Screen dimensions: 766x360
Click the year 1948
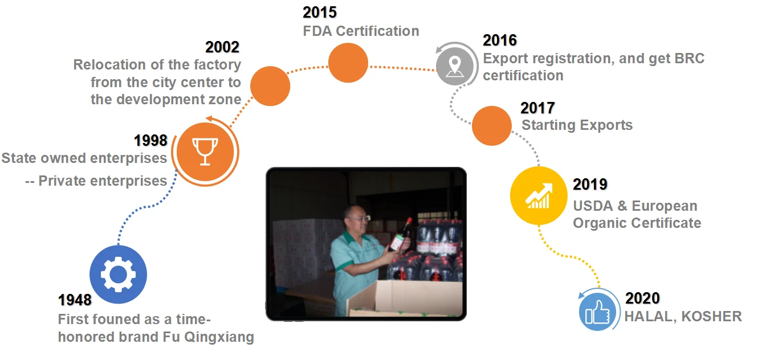pos(75,300)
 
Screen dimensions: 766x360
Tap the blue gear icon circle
pos(119,274)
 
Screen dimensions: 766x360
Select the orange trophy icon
pos(205,152)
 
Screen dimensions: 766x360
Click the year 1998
pos(150,141)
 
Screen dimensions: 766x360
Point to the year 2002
pos(222,47)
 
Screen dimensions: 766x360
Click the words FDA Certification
pos(361,31)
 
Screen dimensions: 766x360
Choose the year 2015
pos(320,13)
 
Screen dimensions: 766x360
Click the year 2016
pos(500,40)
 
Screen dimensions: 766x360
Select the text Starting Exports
pos(577,125)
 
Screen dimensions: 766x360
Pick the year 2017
pos(537,108)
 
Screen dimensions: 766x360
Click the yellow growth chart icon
pos(539,195)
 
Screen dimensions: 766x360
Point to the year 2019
pos(590,185)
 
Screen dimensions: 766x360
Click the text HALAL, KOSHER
pos(683,317)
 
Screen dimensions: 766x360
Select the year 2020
pos(642,298)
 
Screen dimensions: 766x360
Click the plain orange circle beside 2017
pos(491,126)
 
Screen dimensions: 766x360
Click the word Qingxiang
pos(219,337)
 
